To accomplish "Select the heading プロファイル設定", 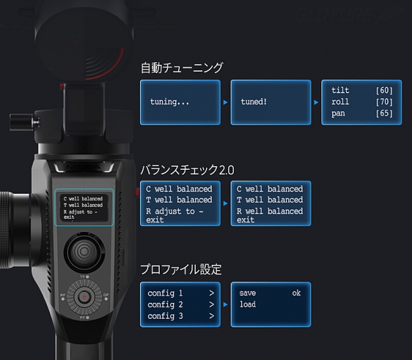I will click(x=181, y=270).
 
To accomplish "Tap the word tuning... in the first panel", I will click(x=169, y=101).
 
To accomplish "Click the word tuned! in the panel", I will click(x=254, y=101).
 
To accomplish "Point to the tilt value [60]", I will click(x=384, y=91).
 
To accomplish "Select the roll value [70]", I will click(x=384, y=102).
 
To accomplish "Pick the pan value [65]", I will click(x=384, y=113).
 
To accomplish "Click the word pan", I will click(x=339, y=113).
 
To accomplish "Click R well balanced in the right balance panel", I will click(x=269, y=211).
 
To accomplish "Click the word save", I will click(x=247, y=293).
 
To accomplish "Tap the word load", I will click(x=247, y=305).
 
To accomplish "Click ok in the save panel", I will click(x=296, y=293).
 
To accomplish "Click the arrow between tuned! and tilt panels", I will click(x=316, y=102).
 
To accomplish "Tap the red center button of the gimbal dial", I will click(x=83, y=297).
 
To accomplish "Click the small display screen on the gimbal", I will click(x=83, y=207).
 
